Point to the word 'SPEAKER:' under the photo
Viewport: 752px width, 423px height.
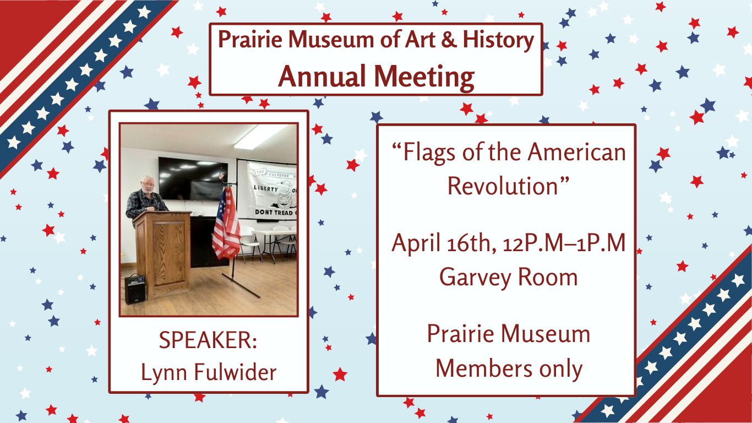pyautogui.click(x=208, y=341)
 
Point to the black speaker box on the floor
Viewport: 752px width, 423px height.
pyautogui.click(x=135, y=289)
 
